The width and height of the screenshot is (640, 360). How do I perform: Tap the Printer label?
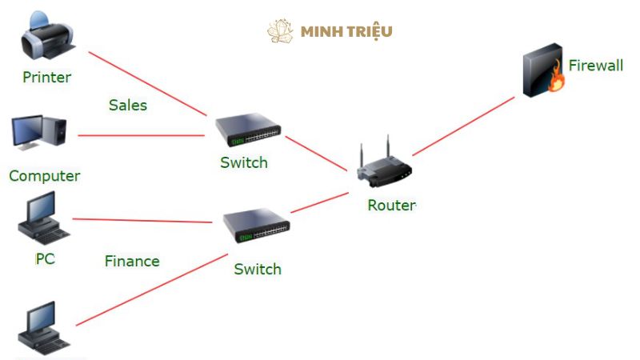pos(46,78)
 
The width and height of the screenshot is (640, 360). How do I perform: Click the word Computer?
pos(45,176)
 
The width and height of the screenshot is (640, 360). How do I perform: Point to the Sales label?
pos(128,105)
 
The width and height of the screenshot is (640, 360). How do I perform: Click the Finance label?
pos(132,261)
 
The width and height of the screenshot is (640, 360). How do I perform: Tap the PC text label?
pos(45,258)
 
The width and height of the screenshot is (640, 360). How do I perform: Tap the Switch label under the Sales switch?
pos(244,162)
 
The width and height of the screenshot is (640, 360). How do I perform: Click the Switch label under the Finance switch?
pos(258,269)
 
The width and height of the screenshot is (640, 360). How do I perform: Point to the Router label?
pos(391,205)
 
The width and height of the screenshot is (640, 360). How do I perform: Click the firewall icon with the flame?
pos(544,74)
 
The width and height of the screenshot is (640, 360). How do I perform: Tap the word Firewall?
pos(595,66)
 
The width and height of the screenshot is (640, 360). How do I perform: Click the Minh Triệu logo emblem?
pos(281,31)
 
